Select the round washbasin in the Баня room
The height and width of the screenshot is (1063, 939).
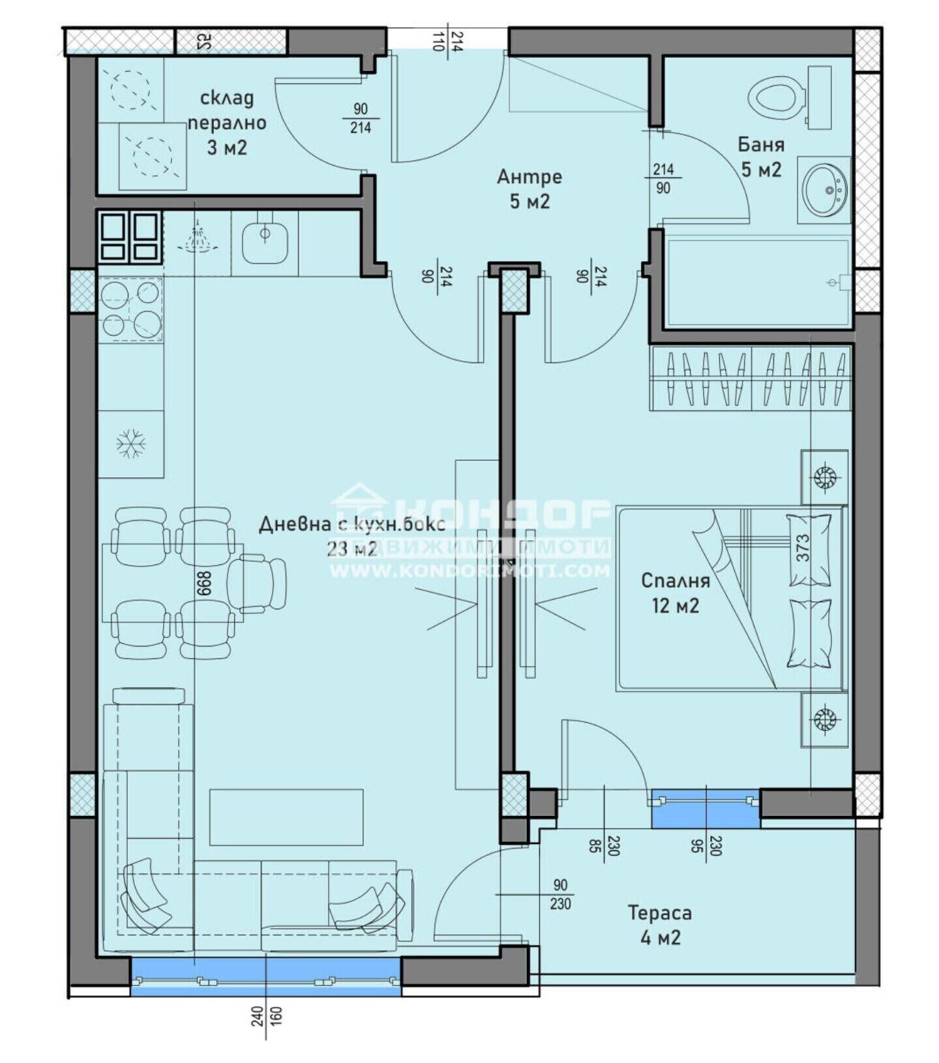825,190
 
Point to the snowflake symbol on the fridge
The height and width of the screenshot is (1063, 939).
130,444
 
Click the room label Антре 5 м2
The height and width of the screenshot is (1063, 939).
529,189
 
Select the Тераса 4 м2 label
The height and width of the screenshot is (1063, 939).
660,925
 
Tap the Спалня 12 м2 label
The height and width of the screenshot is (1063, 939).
676,592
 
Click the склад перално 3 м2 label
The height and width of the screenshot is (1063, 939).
227,123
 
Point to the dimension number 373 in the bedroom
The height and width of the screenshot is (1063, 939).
803,548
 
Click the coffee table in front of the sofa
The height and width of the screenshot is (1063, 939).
286,817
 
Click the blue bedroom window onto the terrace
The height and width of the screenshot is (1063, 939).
706,809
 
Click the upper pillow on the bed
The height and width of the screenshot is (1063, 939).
810,549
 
